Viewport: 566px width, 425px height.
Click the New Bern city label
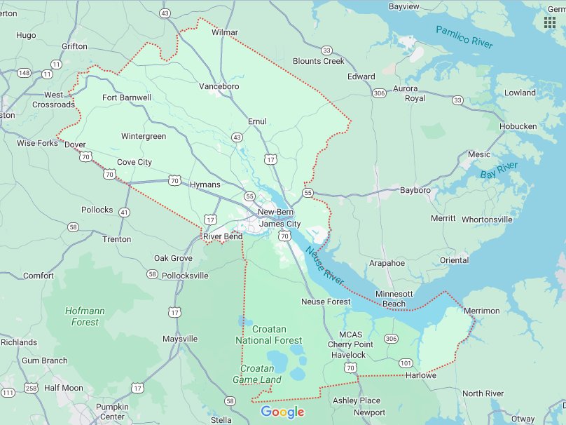point(275,212)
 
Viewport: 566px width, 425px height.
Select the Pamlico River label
point(464,36)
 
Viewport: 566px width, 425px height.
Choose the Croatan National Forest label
point(269,335)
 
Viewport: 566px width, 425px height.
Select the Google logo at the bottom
point(282,412)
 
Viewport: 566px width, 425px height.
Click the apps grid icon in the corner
point(549,22)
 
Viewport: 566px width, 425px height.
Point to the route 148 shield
point(25,73)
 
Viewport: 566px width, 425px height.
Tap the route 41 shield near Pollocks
point(124,212)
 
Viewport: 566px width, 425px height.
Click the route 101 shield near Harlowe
point(406,363)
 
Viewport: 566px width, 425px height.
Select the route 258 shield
point(31,388)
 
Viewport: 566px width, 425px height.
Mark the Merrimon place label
point(481,311)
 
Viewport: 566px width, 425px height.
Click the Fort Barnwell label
point(127,97)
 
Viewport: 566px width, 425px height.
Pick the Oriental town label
point(454,260)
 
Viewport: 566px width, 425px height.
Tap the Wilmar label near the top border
point(224,32)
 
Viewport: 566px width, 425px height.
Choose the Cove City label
point(134,162)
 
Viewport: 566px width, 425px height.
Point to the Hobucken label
point(518,126)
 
